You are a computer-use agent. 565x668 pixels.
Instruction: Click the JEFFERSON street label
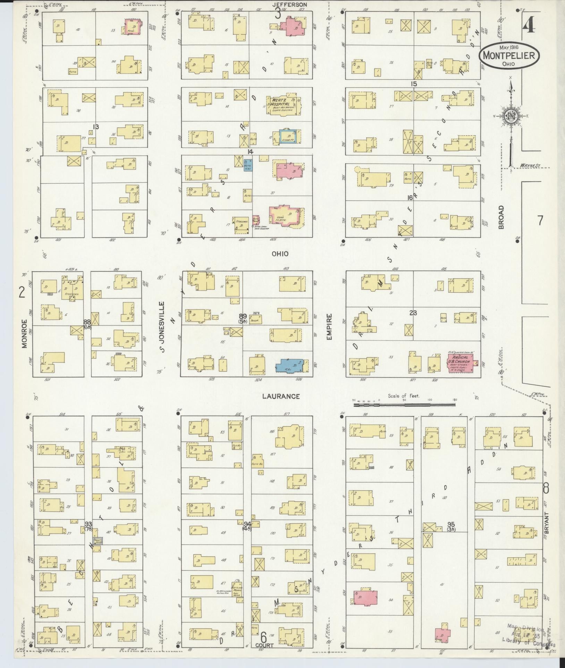tap(289, 5)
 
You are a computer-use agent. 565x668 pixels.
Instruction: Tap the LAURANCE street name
tap(281, 396)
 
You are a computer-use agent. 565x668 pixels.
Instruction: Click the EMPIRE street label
tap(329, 327)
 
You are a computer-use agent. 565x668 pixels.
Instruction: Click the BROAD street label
tap(501, 217)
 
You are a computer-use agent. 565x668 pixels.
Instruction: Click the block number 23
tap(413, 313)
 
